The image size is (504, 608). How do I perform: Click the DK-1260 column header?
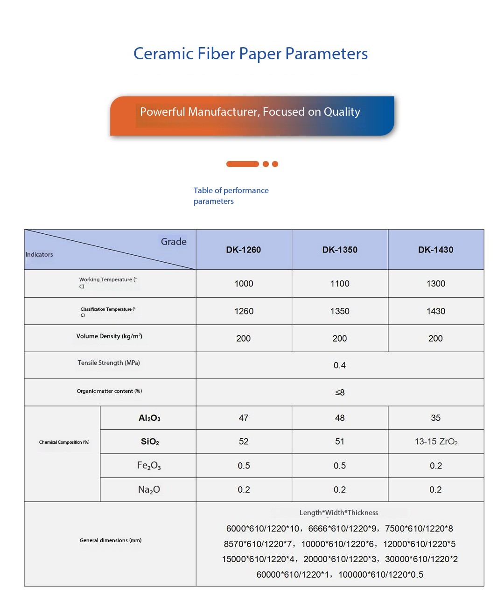pyautogui.click(x=244, y=250)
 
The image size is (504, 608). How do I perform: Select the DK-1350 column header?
pyautogui.click(x=340, y=250)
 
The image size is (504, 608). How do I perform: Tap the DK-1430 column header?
pyautogui.click(x=435, y=250)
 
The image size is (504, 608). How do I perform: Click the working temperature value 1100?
pyautogui.click(x=340, y=284)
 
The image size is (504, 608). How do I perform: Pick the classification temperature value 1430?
pyautogui.click(x=435, y=311)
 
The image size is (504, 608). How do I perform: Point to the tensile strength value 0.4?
pyautogui.click(x=340, y=365)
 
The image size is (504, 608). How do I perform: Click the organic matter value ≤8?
pyautogui.click(x=340, y=392)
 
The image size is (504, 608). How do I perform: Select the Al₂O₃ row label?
pyautogui.click(x=149, y=418)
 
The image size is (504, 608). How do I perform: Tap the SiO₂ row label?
pyautogui.click(x=150, y=441)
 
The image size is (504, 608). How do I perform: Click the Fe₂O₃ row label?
pyautogui.click(x=149, y=466)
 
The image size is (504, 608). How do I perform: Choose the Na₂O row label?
pyautogui.click(x=149, y=489)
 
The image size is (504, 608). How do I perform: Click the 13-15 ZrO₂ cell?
pyautogui.click(x=436, y=441)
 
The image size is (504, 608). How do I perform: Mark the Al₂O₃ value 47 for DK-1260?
pyautogui.click(x=244, y=418)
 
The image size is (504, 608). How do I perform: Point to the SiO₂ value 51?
pyautogui.click(x=340, y=441)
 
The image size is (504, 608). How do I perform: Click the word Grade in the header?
pyautogui.click(x=174, y=242)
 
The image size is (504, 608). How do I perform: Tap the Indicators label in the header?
pyautogui.click(x=39, y=254)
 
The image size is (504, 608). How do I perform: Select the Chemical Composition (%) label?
pyautogui.click(x=64, y=442)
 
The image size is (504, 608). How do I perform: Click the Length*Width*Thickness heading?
pyautogui.click(x=339, y=512)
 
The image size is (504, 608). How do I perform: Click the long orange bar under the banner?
pyautogui.click(x=242, y=164)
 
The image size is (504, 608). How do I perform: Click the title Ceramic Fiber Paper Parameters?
pyautogui.click(x=251, y=54)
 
